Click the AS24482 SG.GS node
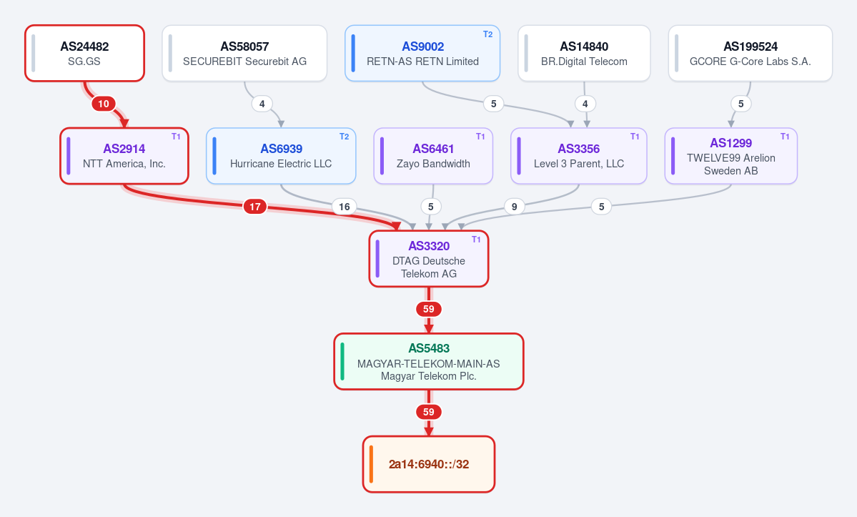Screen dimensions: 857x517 coord(85,53)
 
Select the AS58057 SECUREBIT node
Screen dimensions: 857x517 coord(244,53)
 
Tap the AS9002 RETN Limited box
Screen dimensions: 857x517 coord(422,53)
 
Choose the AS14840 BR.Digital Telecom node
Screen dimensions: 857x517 coord(584,53)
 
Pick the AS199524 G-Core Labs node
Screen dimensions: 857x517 coord(751,53)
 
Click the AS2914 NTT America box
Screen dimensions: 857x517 coord(124,156)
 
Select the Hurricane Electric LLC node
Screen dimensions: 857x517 coord(281,156)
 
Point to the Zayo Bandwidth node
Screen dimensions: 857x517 coord(433,156)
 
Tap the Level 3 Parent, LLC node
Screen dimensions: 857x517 coord(579,156)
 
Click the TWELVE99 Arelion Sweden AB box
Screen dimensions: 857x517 coord(730,156)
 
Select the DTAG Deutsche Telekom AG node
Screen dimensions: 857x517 coord(429,259)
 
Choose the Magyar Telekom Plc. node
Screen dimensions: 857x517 coord(429,361)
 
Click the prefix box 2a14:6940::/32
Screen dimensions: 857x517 coord(429,464)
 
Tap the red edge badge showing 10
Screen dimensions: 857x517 coord(104,104)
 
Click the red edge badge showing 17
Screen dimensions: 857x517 coord(254,207)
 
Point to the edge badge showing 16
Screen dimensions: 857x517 coord(345,207)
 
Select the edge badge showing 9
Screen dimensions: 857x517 coord(515,207)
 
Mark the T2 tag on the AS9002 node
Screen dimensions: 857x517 coord(487,34)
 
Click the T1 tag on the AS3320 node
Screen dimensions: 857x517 coord(476,240)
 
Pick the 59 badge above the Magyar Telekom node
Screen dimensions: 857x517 coord(429,310)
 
